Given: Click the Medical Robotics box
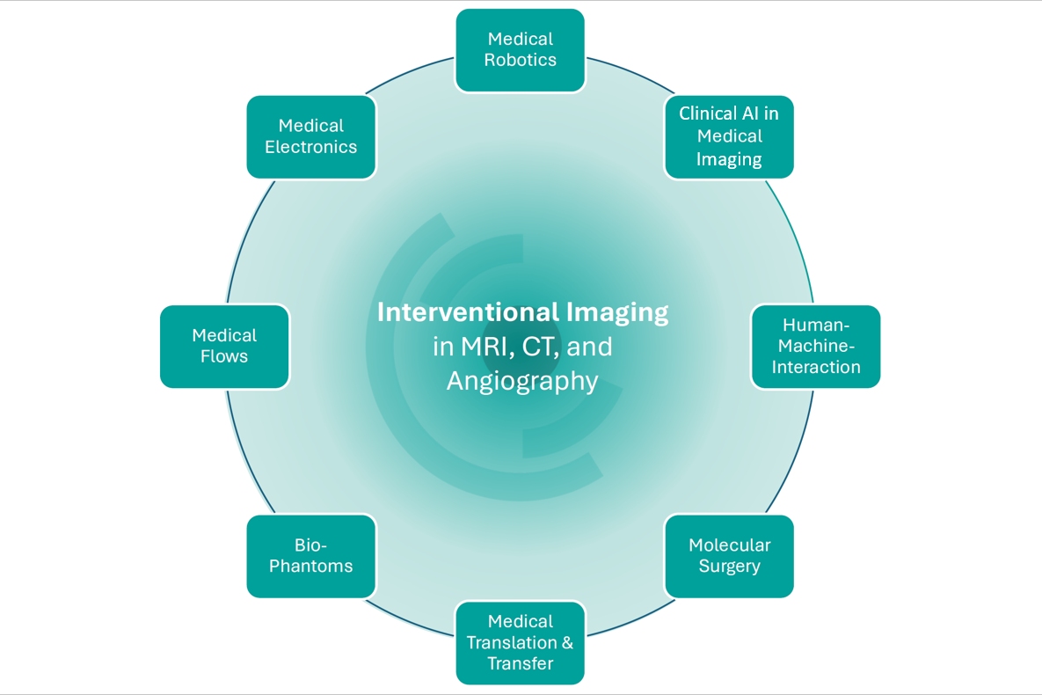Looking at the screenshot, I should [x=520, y=50].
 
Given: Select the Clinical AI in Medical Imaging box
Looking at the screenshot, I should [x=729, y=136].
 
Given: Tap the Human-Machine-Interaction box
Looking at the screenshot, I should [x=815, y=346].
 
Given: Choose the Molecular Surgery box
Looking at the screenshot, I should [x=729, y=555].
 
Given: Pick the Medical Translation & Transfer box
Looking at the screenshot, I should [x=520, y=642].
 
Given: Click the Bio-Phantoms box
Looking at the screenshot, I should [x=311, y=555].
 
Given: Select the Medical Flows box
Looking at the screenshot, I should [x=224, y=346].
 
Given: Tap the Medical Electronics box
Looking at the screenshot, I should [x=311, y=136].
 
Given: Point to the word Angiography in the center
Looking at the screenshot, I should [x=522, y=381].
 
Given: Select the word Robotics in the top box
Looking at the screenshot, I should [x=520, y=61].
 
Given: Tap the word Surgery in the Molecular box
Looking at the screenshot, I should [x=729, y=567].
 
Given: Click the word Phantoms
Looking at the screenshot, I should [x=311, y=567].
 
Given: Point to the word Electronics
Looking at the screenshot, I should [x=311, y=147].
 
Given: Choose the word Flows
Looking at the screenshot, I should [x=224, y=357].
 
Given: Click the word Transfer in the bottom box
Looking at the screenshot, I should [x=520, y=663].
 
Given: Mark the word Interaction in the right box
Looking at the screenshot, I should [x=815, y=367].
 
